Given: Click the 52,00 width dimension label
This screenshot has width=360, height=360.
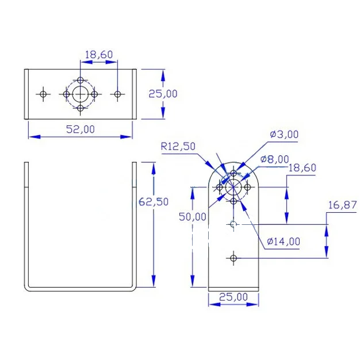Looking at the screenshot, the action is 81,129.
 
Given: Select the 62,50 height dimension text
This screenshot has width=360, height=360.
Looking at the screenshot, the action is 154,202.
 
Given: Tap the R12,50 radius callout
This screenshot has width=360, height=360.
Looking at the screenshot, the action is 178,146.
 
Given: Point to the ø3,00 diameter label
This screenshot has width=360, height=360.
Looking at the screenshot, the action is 284,135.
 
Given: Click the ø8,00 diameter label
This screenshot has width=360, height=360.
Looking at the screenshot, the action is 274,159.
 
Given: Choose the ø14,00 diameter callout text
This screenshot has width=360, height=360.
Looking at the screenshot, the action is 284,242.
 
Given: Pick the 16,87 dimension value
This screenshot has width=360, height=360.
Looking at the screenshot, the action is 342,205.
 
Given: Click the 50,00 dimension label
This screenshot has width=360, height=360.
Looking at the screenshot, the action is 193,217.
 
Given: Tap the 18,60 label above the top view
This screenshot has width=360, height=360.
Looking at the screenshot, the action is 99,55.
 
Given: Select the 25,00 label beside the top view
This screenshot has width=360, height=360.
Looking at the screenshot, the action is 163,94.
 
